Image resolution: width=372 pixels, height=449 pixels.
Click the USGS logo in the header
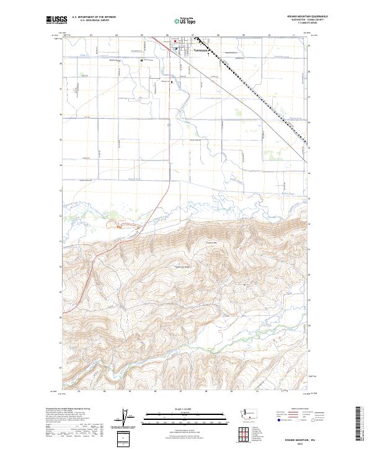click(56, 20)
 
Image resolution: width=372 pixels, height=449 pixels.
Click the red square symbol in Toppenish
click(175, 43)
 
